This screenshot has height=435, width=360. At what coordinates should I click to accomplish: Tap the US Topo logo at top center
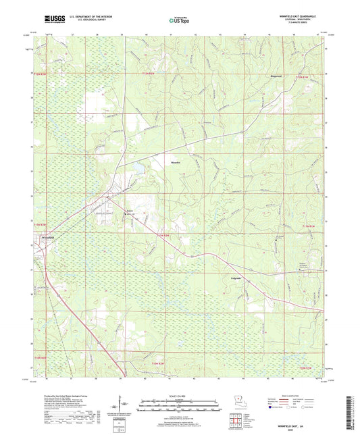click(179, 20)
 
